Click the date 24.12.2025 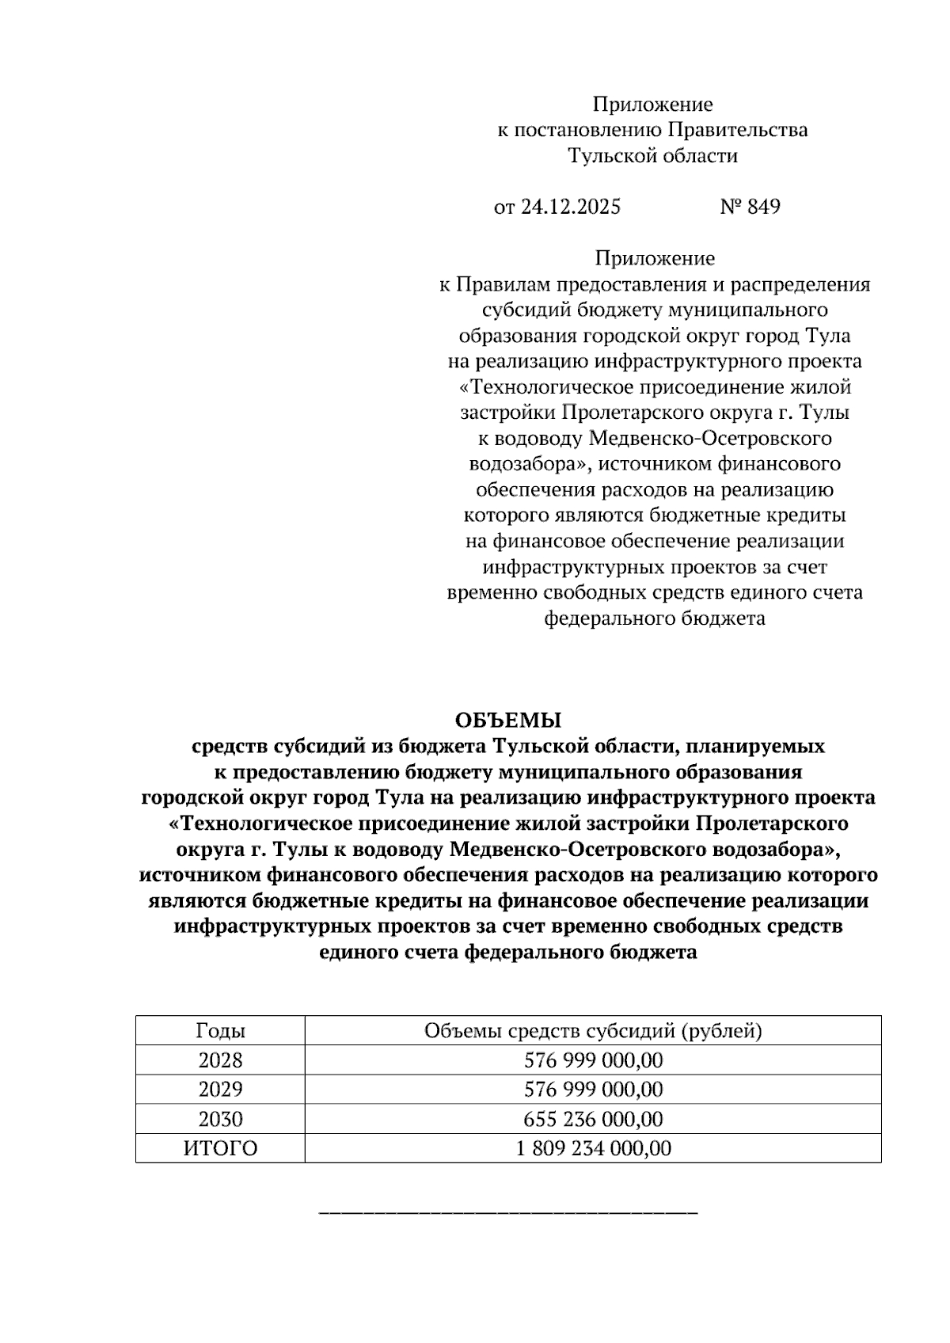click(570, 207)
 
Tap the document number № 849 click(750, 207)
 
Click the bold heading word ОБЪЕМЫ click(507, 721)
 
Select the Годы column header click(220, 1031)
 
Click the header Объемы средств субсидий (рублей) click(593, 1031)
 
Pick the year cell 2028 click(220, 1060)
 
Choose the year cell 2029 click(220, 1090)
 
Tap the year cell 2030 click(220, 1120)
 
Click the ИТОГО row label click(220, 1149)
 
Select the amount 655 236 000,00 click(593, 1120)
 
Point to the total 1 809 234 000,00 click(593, 1149)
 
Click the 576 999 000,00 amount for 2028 click(593, 1060)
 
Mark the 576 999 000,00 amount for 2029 click(593, 1090)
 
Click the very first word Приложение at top click(653, 105)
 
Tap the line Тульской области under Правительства click(653, 156)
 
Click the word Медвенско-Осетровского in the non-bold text click(711, 439)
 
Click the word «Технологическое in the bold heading click(259, 824)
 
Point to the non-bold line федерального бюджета click(654, 618)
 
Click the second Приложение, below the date click(655, 259)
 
